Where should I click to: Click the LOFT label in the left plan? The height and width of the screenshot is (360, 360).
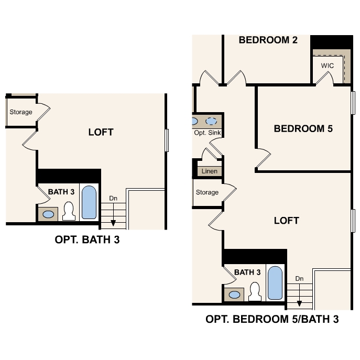[x=101, y=132]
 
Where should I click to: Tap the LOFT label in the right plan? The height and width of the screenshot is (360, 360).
[x=287, y=221]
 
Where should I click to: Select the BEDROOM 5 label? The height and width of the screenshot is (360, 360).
[x=303, y=128]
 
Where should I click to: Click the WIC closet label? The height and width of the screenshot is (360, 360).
[x=328, y=66]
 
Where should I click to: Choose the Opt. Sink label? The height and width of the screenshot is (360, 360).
[x=208, y=133]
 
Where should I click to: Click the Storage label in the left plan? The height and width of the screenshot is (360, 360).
[x=21, y=112]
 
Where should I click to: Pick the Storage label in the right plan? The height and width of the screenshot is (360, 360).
[x=207, y=192]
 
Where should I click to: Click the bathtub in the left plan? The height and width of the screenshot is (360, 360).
[x=90, y=202]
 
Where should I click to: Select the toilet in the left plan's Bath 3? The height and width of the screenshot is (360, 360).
[x=68, y=211]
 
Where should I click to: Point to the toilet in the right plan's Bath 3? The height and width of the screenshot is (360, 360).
[x=255, y=292]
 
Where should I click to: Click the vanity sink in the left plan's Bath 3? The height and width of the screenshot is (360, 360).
[x=49, y=214]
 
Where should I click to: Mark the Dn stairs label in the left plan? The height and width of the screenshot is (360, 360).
[x=113, y=198]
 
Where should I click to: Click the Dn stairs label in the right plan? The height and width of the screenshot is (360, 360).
[x=299, y=279]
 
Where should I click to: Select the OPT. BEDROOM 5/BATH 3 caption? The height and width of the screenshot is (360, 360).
[x=272, y=319]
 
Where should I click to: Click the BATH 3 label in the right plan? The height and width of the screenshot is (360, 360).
[x=247, y=272]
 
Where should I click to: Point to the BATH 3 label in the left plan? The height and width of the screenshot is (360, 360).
[x=61, y=192]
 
